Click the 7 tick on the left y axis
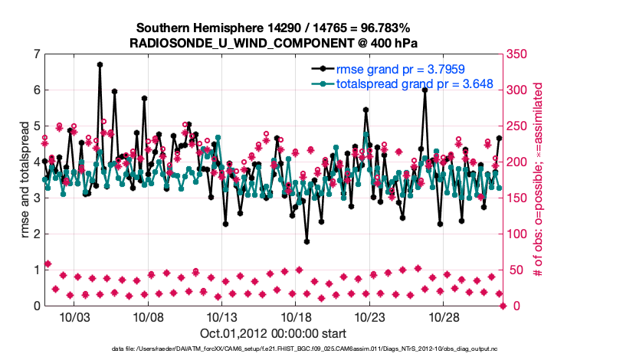pos(37,54)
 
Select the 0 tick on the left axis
pos(37,306)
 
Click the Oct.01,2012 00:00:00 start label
pos(273,332)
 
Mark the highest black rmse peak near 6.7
pos(100,64)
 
